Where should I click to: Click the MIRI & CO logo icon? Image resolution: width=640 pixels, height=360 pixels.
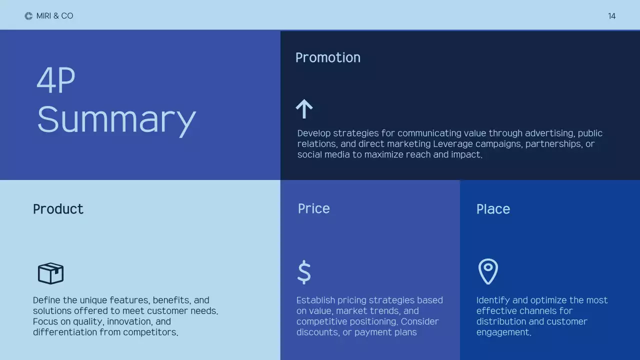[28, 16]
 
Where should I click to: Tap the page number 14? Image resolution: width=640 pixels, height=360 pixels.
[611, 16]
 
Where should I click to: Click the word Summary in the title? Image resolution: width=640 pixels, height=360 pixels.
[116, 120]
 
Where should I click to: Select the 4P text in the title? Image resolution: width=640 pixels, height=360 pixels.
[55, 80]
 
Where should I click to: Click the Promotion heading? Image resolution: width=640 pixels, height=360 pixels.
[327, 57]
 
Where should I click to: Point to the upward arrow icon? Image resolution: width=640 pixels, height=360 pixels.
[304, 108]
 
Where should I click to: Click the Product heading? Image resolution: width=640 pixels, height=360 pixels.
[58, 209]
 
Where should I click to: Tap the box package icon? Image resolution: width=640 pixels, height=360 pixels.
[50, 273]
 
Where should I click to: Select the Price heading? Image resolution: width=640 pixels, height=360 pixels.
[313, 208]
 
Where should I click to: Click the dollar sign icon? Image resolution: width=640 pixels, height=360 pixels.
[304, 272]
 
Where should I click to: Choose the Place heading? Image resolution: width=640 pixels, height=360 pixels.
[493, 209]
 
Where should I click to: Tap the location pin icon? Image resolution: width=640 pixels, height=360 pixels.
[488, 271]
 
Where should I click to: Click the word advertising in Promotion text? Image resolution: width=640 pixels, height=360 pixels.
[549, 133]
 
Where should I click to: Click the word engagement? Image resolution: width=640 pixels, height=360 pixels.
[503, 332]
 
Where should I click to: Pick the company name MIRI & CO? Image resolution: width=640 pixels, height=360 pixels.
[54, 16]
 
